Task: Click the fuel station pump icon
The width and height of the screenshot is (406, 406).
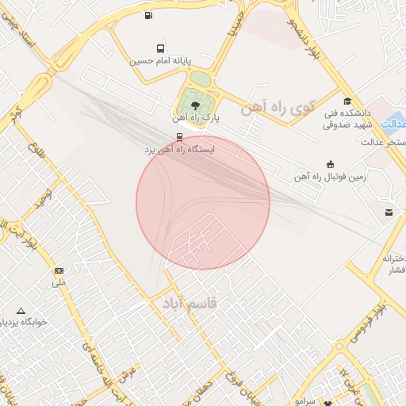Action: pos(149,14)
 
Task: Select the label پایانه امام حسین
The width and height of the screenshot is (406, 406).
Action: pos(162,60)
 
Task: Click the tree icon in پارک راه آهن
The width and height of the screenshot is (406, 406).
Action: pos(195,105)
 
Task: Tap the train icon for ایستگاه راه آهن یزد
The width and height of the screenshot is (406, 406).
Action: pos(179,136)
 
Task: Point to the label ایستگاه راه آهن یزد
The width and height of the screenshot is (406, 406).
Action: pos(179,149)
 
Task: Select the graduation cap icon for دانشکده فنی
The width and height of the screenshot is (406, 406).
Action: pos(347,101)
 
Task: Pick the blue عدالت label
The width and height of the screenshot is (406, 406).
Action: pos(393,124)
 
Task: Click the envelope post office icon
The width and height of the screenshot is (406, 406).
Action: pos(389,212)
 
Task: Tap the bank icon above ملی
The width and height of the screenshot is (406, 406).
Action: pos(59,270)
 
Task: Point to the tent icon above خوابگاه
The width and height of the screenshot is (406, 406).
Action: pos(21,311)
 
